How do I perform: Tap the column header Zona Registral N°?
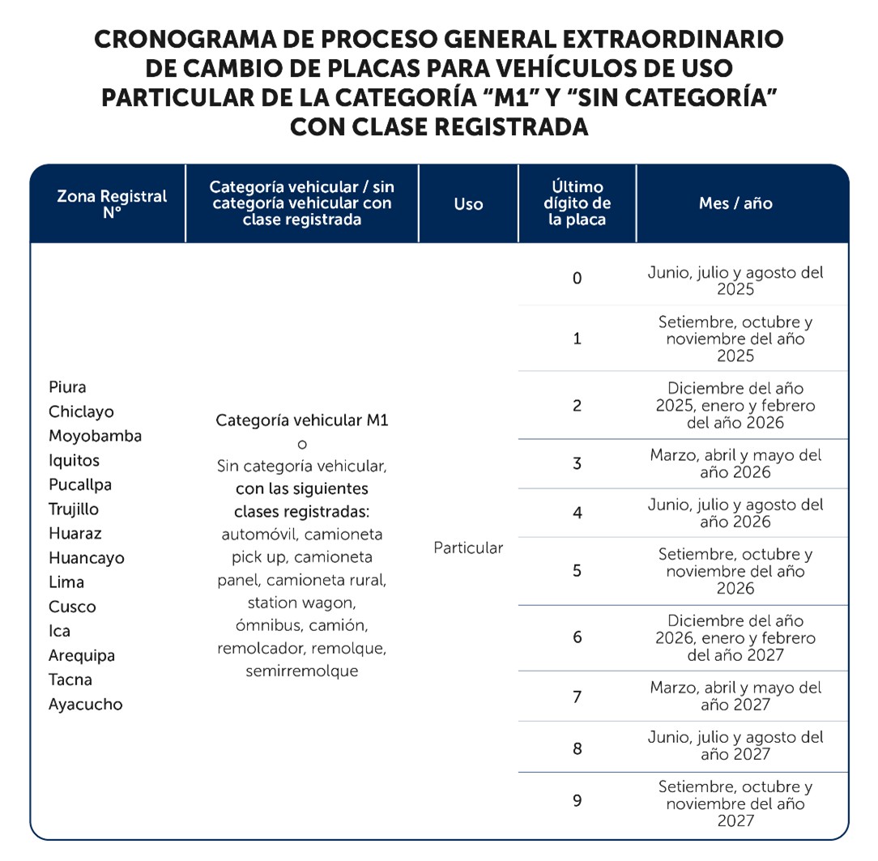click(112, 204)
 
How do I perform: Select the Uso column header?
click(468, 204)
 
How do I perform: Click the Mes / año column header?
click(735, 203)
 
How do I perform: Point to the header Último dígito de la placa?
click(577, 203)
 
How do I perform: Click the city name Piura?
click(67, 387)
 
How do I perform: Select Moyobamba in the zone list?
click(95, 436)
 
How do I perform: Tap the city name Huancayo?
click(87, 558)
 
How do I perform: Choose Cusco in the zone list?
click(72, 607)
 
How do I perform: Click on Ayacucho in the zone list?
click(86, 704)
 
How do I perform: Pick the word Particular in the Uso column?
click(468, 548)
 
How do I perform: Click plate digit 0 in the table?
click(577, 279)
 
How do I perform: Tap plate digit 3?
click(577, 464)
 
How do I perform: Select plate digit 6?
click(577, 637)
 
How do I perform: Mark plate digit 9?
click(577, 801)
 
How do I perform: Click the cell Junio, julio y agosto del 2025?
click(735, 281)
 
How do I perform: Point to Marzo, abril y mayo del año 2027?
click(735, 696)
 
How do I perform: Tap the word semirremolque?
click(301, 671)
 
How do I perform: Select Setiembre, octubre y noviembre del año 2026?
click(735, 571)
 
